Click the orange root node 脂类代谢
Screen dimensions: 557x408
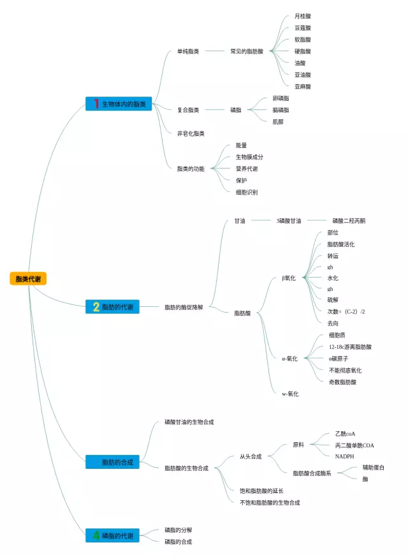(x=28, y=279)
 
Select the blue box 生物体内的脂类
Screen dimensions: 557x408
(x=119, y=104)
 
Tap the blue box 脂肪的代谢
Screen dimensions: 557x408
(x=119, y=307)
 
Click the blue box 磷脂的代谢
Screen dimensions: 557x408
(x=119, y=536)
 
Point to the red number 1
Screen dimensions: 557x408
(x=97, y=104)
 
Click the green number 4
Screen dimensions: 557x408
(x=96, y=536)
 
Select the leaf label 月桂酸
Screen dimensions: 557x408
(x=303, y=16)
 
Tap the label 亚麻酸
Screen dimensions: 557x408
(x=303, y=86)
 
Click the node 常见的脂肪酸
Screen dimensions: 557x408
(x=247, y=51)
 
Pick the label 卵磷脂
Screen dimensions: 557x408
(x=280, y=98)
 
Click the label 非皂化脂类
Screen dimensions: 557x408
(x=191, y=133)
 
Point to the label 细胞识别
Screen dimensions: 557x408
(x=247, y=192)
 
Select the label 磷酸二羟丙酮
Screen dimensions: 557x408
(x=349, y=221)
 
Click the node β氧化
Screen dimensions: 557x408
(x=289, y=278)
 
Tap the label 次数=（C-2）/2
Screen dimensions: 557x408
(x=346, y=311)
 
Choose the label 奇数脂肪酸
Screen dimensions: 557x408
(x=342, y=382)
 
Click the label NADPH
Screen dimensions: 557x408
(x=345, y=456)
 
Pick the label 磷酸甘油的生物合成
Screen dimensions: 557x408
(x=189, y=422)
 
